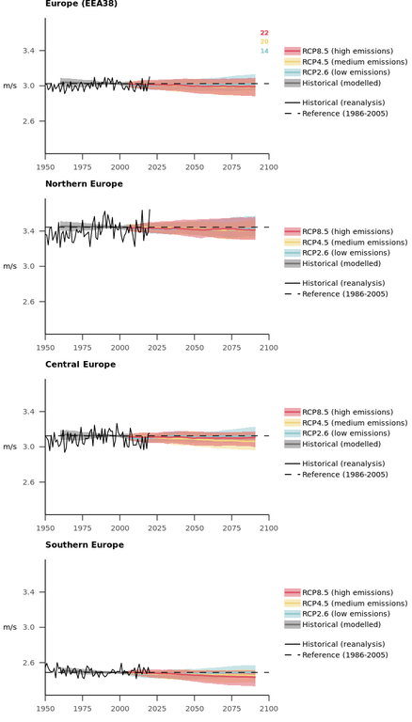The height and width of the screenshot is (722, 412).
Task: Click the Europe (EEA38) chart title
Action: pos(81,4)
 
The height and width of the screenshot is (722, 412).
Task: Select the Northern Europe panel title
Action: pos(84,183)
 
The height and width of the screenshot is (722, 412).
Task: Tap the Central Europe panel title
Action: pos(80,364)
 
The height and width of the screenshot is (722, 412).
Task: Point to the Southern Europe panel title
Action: pos(85,544)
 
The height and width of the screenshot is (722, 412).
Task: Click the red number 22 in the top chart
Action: pos(264,33)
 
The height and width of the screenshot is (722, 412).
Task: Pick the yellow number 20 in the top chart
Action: pos(264,42)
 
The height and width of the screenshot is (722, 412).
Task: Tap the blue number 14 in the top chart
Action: pos(264,51)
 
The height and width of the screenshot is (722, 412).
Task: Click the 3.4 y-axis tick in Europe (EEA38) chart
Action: pos(29,50)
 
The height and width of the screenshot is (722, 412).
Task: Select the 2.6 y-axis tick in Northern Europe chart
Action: pos(29,302)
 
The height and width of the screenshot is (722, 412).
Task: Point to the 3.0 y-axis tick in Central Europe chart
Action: pos(29,447)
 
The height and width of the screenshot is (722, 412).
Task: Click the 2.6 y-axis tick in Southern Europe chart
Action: pos(29,663)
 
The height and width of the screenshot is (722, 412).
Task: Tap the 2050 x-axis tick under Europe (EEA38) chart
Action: pos(195,167)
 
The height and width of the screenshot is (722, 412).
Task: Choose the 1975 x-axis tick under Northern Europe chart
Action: pos(83,348)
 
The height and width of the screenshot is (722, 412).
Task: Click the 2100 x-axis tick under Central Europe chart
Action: pos(269,528)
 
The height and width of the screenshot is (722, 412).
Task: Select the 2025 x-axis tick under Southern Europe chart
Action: pos(157,709)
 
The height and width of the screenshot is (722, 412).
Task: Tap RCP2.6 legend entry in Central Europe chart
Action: pos(338,433)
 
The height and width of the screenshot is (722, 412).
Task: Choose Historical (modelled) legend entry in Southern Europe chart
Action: pos(333,625)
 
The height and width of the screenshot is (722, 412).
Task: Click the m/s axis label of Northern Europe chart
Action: pos(9,266)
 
